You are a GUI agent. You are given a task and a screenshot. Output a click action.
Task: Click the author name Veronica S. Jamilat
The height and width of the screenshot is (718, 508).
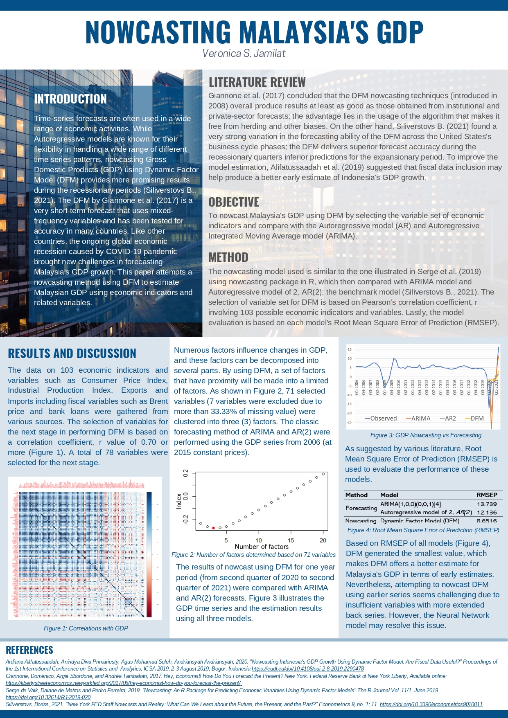coord(244,53)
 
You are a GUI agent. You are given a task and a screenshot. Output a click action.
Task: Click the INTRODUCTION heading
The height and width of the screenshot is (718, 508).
coord(70,99)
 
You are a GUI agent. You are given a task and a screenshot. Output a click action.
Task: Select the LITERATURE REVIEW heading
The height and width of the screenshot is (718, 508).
coord(257,82)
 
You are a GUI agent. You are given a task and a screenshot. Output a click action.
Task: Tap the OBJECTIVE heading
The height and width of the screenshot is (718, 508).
coord(234,202)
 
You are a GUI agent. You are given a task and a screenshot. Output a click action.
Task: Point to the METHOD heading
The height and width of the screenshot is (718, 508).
coord(228,257)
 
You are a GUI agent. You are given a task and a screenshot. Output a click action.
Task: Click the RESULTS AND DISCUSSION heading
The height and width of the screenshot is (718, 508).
coord(72,353)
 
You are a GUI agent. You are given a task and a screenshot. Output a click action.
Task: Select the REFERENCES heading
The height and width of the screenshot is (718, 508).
coord(29,650)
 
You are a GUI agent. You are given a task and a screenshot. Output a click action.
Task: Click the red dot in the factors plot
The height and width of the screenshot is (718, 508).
coord(213,528)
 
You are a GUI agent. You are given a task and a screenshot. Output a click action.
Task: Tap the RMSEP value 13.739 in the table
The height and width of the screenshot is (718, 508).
coord(487,504)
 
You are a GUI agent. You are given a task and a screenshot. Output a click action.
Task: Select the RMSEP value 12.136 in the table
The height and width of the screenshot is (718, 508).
coord(487,512)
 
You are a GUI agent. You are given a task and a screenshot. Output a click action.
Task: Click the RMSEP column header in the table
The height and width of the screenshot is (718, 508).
coord(487,495)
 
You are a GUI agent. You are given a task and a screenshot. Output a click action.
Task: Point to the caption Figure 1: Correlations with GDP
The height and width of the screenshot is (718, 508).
coord(86,628)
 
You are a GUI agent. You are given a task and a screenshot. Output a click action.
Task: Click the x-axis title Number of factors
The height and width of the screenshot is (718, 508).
coord(262,547)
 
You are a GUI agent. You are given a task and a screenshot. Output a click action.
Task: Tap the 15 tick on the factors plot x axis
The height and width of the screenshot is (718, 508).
coord(291,540)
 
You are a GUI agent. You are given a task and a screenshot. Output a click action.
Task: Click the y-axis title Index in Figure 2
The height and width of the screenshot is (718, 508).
coord(179,501)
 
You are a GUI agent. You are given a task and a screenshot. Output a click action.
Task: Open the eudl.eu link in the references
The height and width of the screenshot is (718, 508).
coord(308,668)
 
